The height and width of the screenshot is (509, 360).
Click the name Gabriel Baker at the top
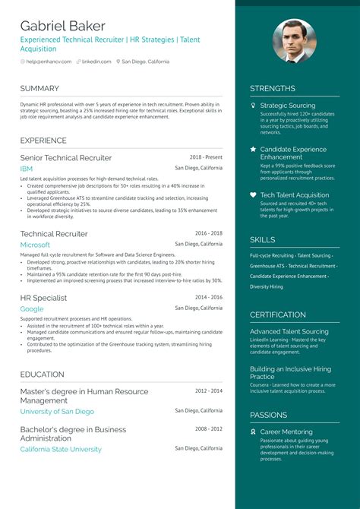63,26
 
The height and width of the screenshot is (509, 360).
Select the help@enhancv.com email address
49,62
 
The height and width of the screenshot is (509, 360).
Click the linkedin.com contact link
96,62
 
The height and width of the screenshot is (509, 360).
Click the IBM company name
27,168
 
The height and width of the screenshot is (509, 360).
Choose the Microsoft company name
35,245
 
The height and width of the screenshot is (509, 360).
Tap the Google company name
32,309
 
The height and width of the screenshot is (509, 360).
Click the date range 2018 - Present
206,157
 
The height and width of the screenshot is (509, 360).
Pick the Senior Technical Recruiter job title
66,158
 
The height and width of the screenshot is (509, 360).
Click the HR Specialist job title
43,299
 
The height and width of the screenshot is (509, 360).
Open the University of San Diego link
57,411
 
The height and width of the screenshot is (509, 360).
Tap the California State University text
61,449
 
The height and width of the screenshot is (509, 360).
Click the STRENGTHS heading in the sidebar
273,88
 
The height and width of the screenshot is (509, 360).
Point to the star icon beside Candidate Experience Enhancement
253,150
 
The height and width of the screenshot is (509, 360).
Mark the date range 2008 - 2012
209,428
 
